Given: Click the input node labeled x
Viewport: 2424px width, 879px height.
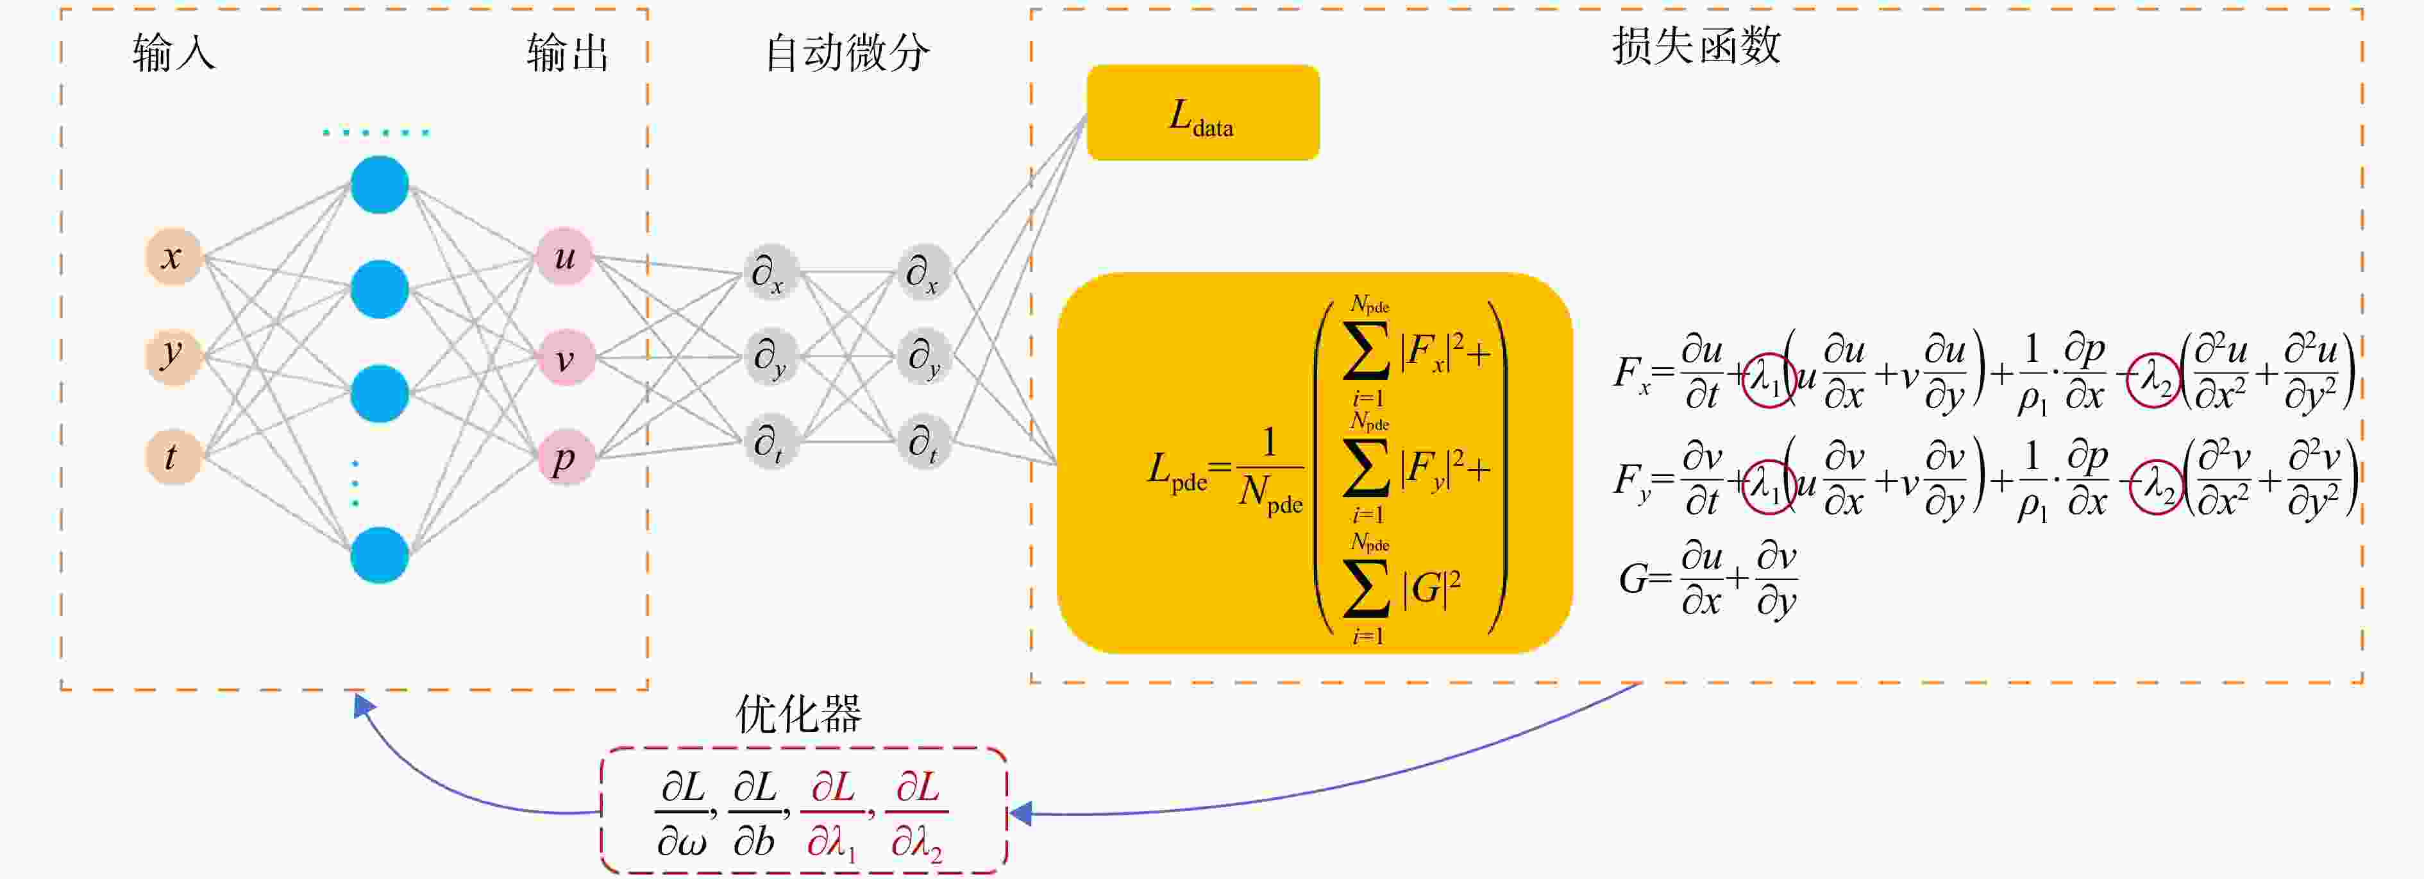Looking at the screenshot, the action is click(x=173, y=256).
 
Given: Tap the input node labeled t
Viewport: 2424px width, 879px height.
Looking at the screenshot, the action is click(x=173, y=456).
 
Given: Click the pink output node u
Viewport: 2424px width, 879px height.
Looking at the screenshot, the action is click(x=564, y=256).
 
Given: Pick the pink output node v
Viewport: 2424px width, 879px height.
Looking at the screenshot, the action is click(x=564, y=357).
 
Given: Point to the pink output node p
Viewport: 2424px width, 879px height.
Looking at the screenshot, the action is click(x=564, y=457).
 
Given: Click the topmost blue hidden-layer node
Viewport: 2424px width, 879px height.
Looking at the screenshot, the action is click(x=379, y=184).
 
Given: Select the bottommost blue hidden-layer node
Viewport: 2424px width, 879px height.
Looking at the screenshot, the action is click(x=379, y=554).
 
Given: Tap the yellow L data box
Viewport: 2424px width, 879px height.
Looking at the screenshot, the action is click(x=1202, y=113).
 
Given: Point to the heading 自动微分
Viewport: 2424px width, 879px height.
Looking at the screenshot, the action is click(x=847, y=52).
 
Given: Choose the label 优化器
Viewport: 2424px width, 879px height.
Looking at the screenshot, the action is click(x=798, y=714).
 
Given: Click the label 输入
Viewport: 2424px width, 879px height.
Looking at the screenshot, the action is click(x=174, y=53).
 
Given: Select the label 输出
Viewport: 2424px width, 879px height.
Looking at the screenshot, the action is click(x=568, y=53).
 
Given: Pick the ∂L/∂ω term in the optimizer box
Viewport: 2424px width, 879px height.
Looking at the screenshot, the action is click(x=683, y=813).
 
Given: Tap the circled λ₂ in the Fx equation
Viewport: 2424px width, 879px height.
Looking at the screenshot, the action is click(x=2155, y=379).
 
